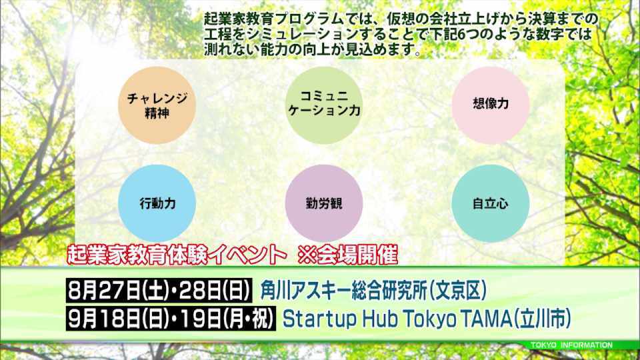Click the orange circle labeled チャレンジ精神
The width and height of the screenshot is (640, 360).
pos(157,105)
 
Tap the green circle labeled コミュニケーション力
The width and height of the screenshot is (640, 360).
pos(324,105)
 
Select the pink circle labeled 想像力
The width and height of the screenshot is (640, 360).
pos(490,105)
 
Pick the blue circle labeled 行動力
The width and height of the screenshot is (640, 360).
pos(157,203)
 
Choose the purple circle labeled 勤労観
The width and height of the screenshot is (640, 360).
pos(324,203)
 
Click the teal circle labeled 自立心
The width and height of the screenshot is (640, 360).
pos(490,203)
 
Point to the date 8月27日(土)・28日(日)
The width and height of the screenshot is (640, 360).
pos(159,291)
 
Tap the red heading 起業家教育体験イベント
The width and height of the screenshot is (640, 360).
pos(177,255)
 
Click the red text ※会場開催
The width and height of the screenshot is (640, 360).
pos(348,255)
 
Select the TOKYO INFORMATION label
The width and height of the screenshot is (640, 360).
pos(571,345)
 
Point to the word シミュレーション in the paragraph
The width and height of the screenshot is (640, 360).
pos(301,34)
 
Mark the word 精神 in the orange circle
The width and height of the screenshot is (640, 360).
pos(157,113)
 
